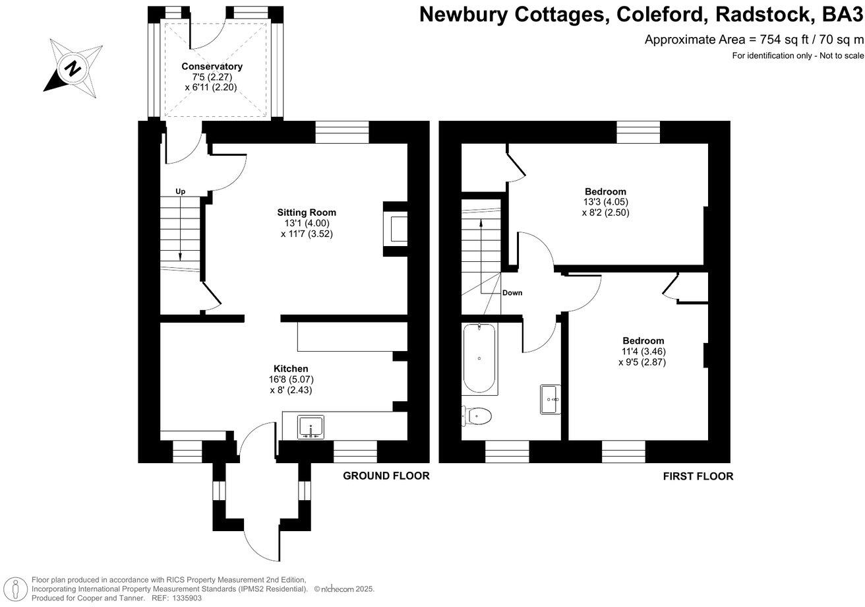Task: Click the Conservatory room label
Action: (212, 67)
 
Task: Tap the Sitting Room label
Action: (307, 212)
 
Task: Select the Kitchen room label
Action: (291, 369)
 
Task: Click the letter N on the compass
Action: (73, 69)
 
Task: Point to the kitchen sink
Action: (311, 427)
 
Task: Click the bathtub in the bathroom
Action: (479, 359)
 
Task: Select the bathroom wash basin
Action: (550, 399)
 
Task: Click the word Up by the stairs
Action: (181, 191)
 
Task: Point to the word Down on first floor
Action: (512, 293)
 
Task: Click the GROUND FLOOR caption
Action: (386, 476)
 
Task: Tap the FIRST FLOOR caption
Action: (698, 476)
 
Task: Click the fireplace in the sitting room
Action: (396, 229)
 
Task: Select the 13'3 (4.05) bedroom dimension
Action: (605, 202)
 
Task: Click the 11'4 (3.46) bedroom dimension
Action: (643, 352)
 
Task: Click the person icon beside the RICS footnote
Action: (15, 590)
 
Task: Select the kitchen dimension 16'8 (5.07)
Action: (291, 379)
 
